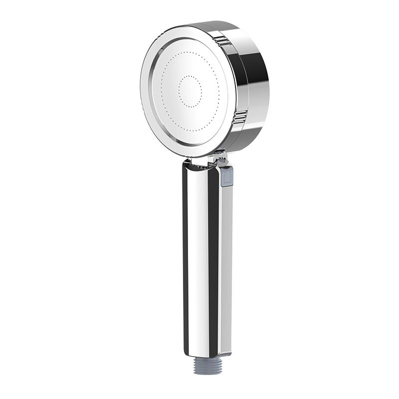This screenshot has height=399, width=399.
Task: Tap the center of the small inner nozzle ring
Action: click(x=190, y=91)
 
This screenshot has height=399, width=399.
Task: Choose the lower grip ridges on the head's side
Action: click(x=240, y=118)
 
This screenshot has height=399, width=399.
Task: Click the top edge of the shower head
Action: click(x=209, y=24)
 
